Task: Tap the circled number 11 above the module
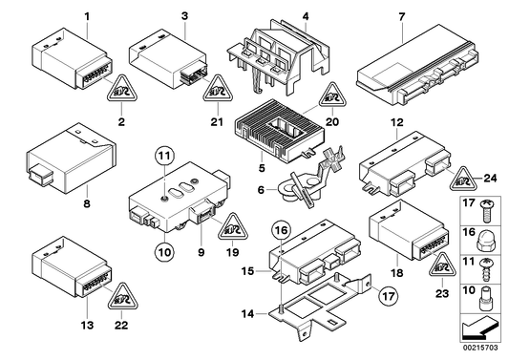[164, 156]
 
